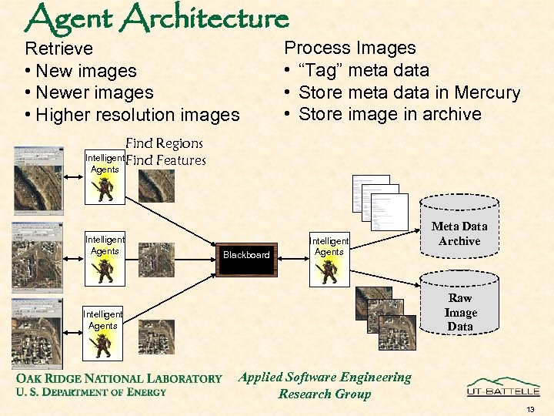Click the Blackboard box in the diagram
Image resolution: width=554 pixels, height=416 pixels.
[x=246, y=255]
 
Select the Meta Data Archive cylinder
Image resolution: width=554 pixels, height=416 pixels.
[x=459, y=233]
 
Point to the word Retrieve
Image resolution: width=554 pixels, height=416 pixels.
[x=59, y=49]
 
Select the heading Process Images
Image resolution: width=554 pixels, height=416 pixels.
[x=350, y=48]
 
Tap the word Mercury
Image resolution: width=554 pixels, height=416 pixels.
[x=486, y=92]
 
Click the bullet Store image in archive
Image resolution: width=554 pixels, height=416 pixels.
[x=389, y=115]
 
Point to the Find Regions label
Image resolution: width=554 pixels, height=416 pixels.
[x=164, y=143]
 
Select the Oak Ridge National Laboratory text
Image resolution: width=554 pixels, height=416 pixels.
[x=118, y=378]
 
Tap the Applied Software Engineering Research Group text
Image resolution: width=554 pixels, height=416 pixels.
[x=325, y=385]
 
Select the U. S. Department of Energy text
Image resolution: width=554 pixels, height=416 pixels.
[x=91, y=392]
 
